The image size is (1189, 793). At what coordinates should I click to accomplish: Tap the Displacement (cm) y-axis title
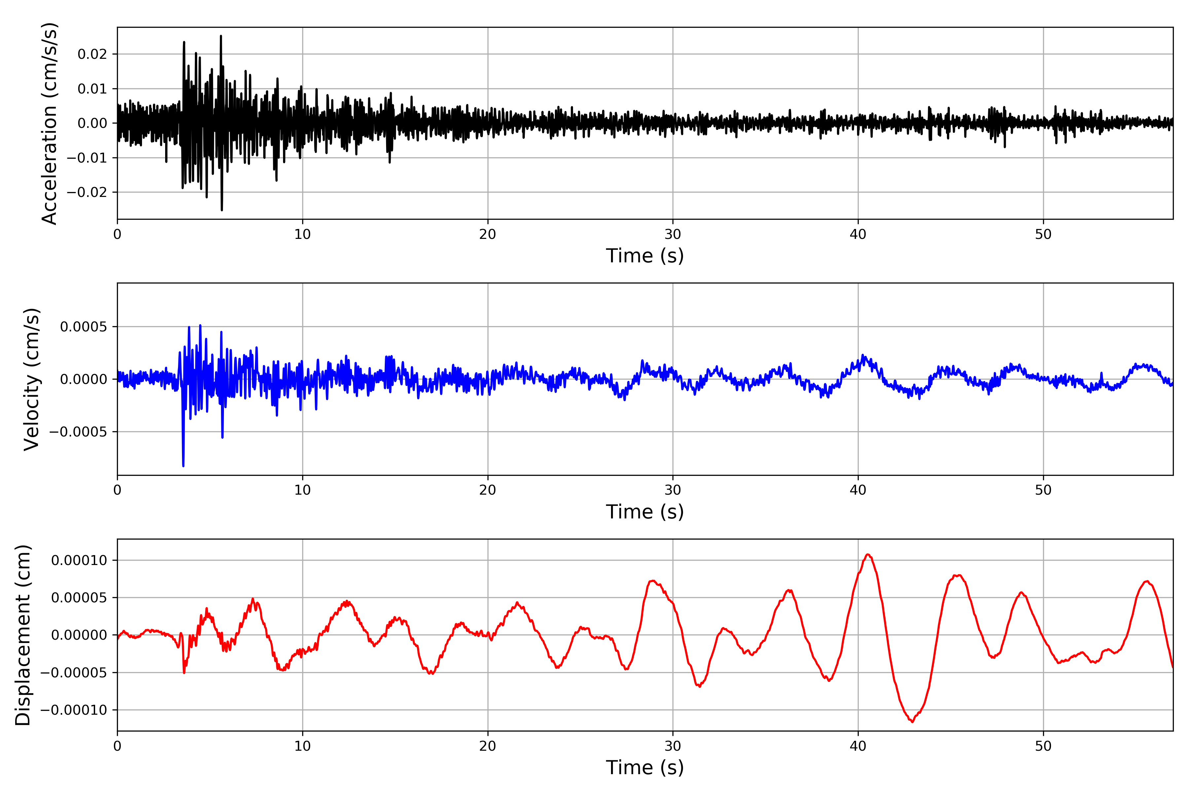pyautogui.click(x=23, y=635)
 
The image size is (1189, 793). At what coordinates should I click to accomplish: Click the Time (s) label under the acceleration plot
pyautogui.click(x=645, y=256)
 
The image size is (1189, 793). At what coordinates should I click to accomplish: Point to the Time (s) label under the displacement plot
pyautogui.click(x=645, y=768)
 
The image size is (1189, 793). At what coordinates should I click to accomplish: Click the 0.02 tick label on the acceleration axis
pyautogui.click(x=92, y=54)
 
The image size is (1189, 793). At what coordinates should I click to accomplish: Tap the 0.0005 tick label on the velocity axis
pyautogui.click(x=84, y=327)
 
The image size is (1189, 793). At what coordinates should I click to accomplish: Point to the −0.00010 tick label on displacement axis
pyautogui.click(x=74, y=710)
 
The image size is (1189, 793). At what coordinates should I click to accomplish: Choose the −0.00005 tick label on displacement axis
pyautogui.click(x=74, y=673)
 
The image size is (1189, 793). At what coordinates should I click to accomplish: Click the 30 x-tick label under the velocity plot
pyautogui.click(x=672, y=490)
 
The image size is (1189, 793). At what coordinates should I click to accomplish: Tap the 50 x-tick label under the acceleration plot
pyautogui.click(x=1043, y=234)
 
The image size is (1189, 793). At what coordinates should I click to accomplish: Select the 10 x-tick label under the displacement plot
pyautogui.click(x=302, y=746)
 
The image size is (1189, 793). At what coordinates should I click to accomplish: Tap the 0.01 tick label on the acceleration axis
pyautogui.click(x=92, y=89)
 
